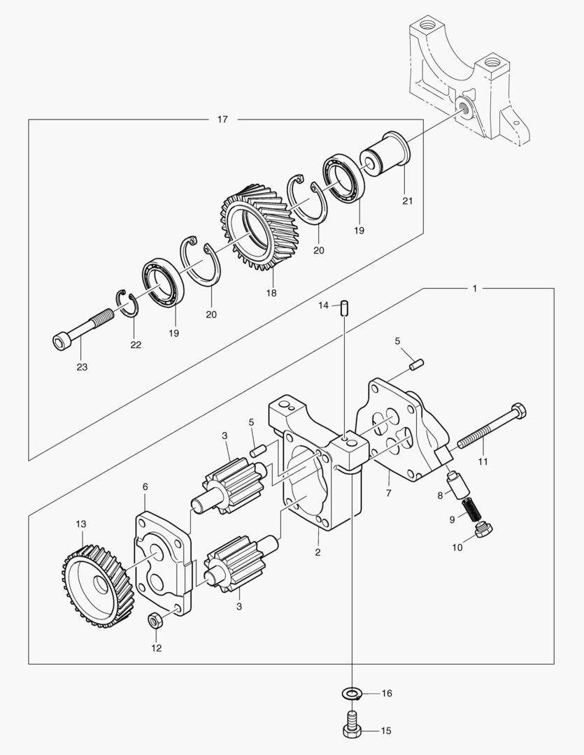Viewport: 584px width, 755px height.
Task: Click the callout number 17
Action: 222,120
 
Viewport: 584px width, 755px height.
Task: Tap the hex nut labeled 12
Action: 155,619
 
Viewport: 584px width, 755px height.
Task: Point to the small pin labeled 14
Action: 344,308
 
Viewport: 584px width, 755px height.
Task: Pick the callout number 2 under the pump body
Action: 318,552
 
